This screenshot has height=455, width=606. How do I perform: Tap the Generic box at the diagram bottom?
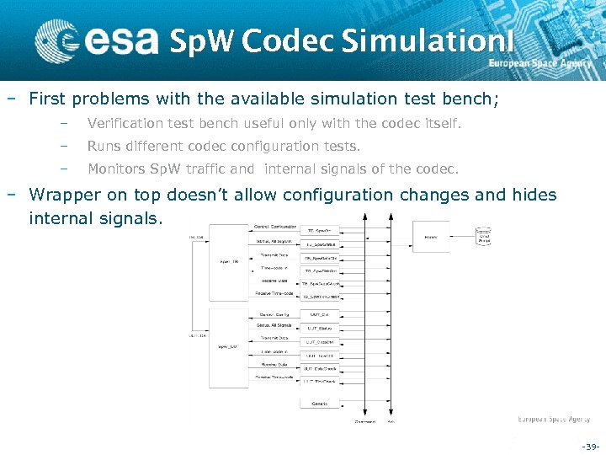tap(320, 404)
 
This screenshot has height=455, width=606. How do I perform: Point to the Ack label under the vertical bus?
tap(391, 421)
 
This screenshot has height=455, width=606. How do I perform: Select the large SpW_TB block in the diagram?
tap(231, 261)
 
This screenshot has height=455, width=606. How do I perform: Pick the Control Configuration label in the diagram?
tap(274, 227)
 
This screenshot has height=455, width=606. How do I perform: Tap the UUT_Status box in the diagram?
tap(320, 329)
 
